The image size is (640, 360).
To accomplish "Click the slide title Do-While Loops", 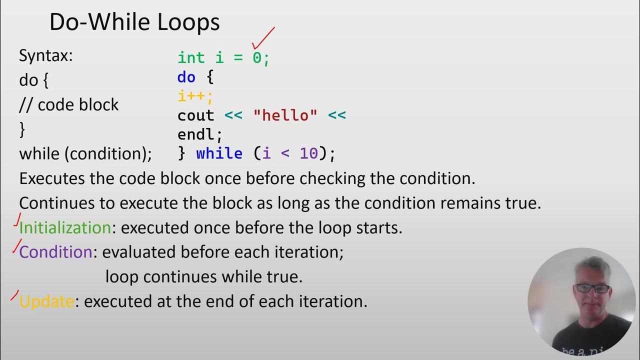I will pyautogui.click(x=134, y=22).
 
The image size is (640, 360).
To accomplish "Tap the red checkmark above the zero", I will pyautogui.click(x=263, y=38).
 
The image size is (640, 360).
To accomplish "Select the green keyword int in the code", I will pyautogui.click(x=191, y=57).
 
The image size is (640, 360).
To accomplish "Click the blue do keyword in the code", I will pyautogui.click(x=186, y=77).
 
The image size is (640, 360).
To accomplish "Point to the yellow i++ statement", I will pyautogui.click(x=195, y=96).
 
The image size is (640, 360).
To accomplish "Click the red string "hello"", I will pyautogui.click(x=285, y=115).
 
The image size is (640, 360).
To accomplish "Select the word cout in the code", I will pyautogui.click(x=195, y=115).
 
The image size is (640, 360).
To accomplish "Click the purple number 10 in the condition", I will pyautogui.click(x=309, y=153).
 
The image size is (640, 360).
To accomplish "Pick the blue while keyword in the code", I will pyautogui.click(x=219, y=153).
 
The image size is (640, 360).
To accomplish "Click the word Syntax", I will pyautogui.click(x=45, y=55).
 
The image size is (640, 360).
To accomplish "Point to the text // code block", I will pyautogui.click(x=69, y=104).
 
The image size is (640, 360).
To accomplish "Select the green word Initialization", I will pyautogui.click(x=65, y=228).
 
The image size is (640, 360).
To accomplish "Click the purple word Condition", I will pyautogui.click(x=55, y=252).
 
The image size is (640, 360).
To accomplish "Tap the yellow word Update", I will pyautogui.click(x=46, y=301).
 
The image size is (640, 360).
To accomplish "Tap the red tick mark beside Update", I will pyautogui.click(x=15, y=295).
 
